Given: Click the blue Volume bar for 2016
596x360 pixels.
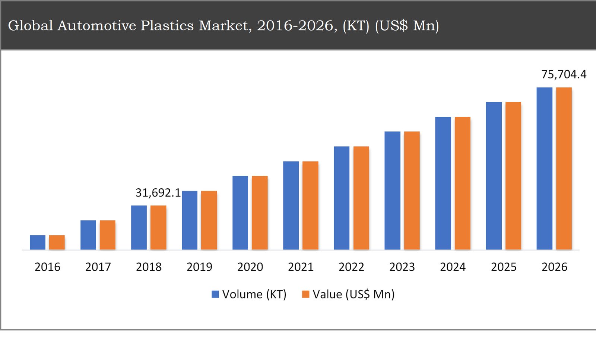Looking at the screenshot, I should click(38, 242).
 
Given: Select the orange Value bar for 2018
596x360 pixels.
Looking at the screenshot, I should click(158, 227).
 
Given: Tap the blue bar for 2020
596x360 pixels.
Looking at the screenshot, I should click(240, 213).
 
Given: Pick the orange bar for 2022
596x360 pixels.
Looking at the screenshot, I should click(361, 198).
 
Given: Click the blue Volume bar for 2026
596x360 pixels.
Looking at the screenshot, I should click(544, 168).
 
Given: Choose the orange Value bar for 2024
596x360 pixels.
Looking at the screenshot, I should click(462, 183).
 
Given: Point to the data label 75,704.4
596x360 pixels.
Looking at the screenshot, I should click(564, 74).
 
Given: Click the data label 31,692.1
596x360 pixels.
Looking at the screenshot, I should click(158, 192).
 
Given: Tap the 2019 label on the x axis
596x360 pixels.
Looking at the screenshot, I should click(199, 267).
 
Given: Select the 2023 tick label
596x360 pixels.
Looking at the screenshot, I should click(402, 267).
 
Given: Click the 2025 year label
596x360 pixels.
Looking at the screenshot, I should click(504, 267).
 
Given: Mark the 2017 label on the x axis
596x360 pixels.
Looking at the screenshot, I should click(98, 267).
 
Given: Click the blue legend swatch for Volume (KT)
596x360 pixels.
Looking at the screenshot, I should click(215, 294).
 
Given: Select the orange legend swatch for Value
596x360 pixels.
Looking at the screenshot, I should click(305, 294).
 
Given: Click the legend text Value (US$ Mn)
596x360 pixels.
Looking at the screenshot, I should click(353, 294).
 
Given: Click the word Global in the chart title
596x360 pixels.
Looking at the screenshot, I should click(31, 25).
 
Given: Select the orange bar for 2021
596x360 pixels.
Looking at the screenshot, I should click(310, 205).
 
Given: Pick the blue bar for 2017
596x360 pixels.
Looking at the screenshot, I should click(88, 235).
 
